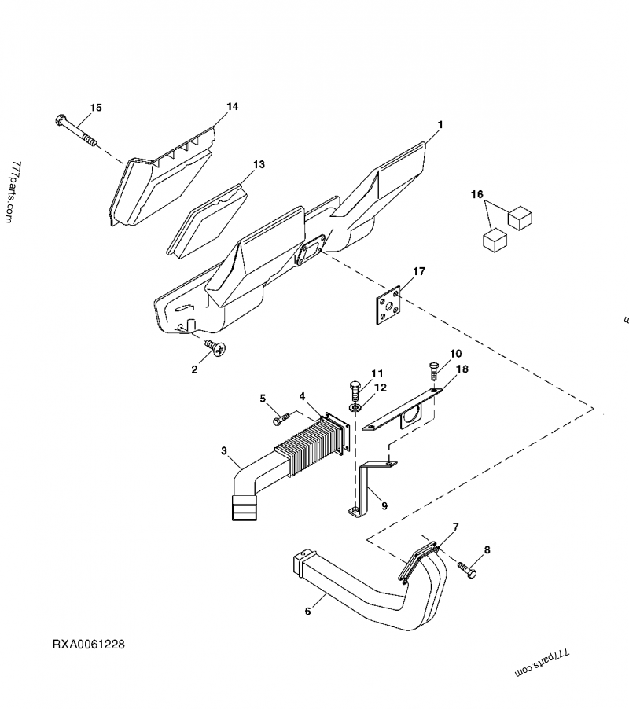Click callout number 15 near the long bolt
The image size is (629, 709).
pos(96,107)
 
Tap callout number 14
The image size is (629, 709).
pos(232,106)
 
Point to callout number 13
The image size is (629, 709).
pos(259,164)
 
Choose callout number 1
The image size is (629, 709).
pos(440,125)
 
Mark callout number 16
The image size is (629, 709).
pos(476,194)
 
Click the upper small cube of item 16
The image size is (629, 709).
pos(520,216)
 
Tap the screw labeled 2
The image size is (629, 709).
pos(214,347)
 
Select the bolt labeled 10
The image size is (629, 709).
pos(433,369)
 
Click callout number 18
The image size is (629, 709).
pos(461,368)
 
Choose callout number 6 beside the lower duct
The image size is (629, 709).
pos(307,610)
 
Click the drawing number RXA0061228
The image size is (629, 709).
pos(89,645)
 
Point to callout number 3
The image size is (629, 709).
pos(224,451)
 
